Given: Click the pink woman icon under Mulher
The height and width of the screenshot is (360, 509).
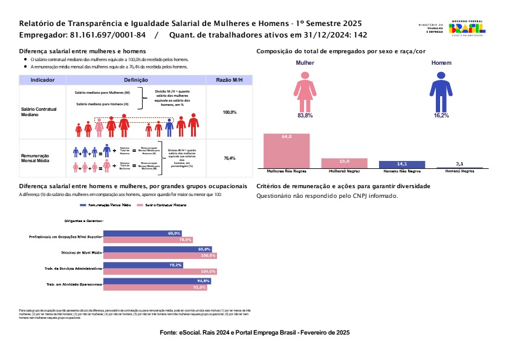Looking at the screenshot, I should point(305,90).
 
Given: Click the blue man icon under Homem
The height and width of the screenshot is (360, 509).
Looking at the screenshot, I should point(441,90).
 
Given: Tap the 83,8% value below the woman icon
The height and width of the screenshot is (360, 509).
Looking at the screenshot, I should point(305,115).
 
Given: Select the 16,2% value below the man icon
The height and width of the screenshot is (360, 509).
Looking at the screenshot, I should point(441,115).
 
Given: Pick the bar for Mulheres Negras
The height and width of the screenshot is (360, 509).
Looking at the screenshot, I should point(343,163).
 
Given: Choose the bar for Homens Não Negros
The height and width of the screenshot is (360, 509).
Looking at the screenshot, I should point(401,164).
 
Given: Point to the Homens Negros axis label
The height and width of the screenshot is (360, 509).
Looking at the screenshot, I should point(459,171).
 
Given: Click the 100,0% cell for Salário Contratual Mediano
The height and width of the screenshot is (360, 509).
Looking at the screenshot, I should point(229,113).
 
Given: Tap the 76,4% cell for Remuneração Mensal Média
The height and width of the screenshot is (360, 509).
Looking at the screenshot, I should point(229,158).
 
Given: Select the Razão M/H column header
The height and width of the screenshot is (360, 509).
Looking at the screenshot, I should point(229,80).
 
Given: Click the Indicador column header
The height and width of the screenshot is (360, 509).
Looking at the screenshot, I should point(43,80).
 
